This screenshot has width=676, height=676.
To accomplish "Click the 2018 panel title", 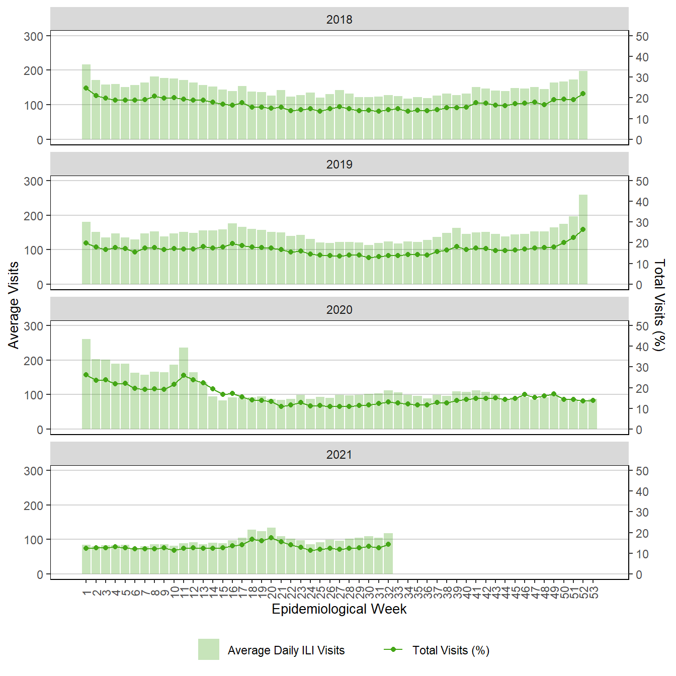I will coord(339,20).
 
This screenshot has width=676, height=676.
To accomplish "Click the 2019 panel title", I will coord(339,164).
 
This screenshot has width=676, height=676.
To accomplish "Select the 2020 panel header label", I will coord(339,310).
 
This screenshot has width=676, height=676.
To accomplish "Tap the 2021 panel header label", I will coord(339,455).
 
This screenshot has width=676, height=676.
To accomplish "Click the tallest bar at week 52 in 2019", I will coord(583,239).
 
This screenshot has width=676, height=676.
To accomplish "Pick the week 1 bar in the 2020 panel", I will coord(86,384).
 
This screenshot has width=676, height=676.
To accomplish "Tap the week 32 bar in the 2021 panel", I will coord(388,553).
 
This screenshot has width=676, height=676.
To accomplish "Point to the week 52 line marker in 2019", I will coord(583,229).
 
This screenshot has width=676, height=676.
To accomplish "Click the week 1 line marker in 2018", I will coord(86,88).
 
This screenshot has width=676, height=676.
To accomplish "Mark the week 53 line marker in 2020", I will coord(593,400).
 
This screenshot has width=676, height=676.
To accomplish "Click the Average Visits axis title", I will coord(14,305).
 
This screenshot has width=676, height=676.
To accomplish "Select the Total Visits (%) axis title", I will coord(659,305).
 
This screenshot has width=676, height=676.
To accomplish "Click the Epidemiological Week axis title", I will coord(339,609).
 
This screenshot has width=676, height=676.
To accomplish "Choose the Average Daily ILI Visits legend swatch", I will coord(209,649).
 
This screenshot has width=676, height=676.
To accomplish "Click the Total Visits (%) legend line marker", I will coord(393,649).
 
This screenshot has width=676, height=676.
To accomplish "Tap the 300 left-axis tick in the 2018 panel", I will coord(33,36).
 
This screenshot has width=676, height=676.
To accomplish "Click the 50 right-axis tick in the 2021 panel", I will coord(642,471).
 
